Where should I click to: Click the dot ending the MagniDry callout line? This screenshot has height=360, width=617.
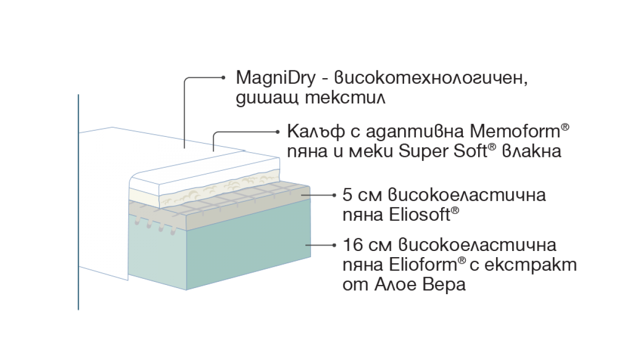[223, 79]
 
